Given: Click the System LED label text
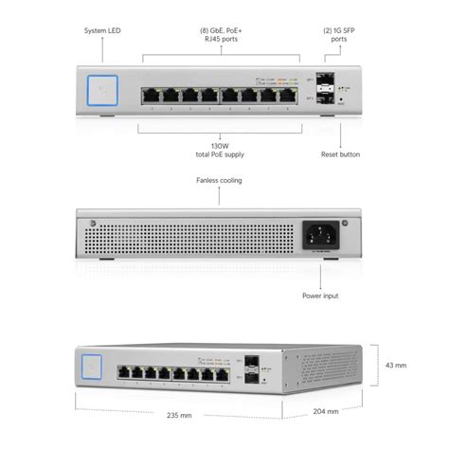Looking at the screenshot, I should [x=103, y=30].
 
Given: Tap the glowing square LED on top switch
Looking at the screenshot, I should [x=102, y=91].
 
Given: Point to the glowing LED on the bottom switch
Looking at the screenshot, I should [x=93, y=363].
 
